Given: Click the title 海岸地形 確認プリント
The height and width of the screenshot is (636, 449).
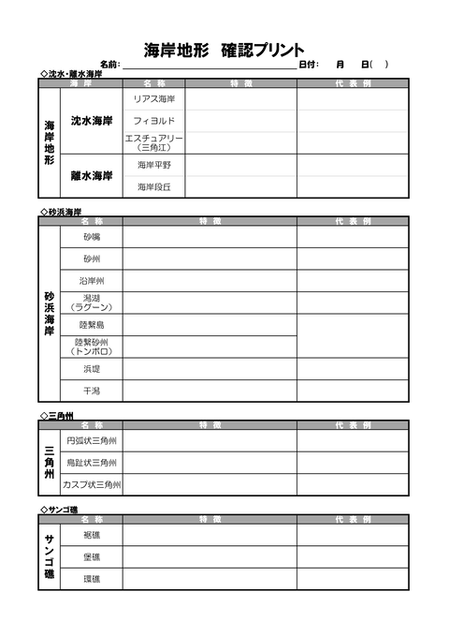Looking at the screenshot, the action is (x=224, y=49).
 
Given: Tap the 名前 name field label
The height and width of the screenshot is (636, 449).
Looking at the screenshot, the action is (x=109, y=65).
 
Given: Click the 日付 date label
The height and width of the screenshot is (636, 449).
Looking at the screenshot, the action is (x=309, y=65).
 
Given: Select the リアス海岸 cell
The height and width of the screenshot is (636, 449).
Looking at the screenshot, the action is (x=154, y=98).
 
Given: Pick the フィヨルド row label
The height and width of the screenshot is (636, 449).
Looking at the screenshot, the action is (x=154, y=121).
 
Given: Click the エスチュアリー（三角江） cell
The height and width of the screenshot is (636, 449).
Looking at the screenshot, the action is (x=154, y=142).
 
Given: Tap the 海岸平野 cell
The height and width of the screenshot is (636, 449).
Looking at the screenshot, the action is (x=154, y=165).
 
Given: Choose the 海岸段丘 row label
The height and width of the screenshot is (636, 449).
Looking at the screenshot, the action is (x=154, y=186).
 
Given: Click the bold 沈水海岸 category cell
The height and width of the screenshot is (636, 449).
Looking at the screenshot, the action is (x=92, y=121).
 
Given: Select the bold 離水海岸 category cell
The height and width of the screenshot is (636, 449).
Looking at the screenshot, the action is (x=92, y=175).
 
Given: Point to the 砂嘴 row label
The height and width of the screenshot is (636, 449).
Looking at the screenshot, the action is (x=91, y=237).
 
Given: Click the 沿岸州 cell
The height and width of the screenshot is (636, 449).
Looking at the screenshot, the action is (x=91, y=280).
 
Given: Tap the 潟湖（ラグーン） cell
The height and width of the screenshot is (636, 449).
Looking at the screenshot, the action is (x=91, y=302).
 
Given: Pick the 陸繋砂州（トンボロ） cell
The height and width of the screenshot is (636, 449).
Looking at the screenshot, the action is (x=91, y=347).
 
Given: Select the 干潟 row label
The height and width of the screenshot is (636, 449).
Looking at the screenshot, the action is (x=91, y=391).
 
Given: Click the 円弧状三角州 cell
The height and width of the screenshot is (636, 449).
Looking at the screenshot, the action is (x=91, y=440).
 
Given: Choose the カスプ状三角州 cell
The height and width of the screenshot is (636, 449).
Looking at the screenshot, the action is (x=91, y=484).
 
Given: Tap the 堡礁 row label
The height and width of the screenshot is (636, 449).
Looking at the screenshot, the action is (x=91, y=556).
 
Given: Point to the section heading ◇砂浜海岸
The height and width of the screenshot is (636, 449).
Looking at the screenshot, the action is (x=61, y=212).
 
